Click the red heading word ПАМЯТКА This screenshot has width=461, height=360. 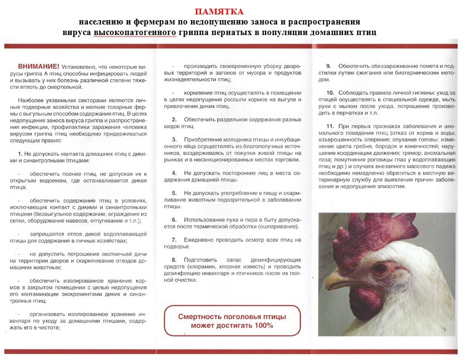pos(219,11)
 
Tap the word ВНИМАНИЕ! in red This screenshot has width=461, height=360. pos(38,66)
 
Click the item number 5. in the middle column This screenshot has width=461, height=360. pos(174,193)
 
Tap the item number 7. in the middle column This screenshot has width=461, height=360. pos(174,239)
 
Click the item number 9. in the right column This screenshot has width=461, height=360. pos(329,65)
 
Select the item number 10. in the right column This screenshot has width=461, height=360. pos(330,92)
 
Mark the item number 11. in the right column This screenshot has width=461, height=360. pos(330,125)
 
